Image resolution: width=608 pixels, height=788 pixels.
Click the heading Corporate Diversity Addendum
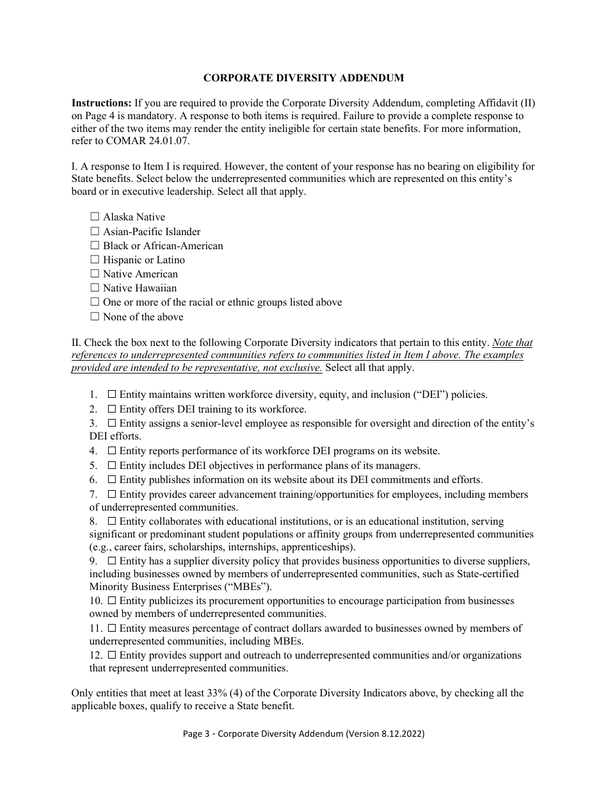click(303, 78)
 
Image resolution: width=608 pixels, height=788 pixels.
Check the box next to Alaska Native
click(95, 217)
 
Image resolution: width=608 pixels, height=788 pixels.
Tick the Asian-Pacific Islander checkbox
click(95, 231)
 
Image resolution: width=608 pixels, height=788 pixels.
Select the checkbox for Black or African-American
click(95, 245)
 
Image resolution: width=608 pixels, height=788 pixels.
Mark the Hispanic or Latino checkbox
click(95, 259)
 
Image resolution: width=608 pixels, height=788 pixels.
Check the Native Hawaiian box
click(95, 288)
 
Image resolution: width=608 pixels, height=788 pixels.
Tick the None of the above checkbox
click(95, 316)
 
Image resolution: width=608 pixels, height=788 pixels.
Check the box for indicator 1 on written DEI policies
click(112, 395)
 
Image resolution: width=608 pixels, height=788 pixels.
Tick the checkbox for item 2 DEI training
click(112, 409)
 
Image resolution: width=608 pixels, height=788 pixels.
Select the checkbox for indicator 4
click(112, 451)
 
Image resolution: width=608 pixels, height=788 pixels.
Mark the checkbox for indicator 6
click(112, 479)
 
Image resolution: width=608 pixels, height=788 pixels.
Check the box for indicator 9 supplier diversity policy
click(112, 561)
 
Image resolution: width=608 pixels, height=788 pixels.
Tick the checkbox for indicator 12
click(112, 655)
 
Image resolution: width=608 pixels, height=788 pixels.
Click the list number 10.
click(96, 601)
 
